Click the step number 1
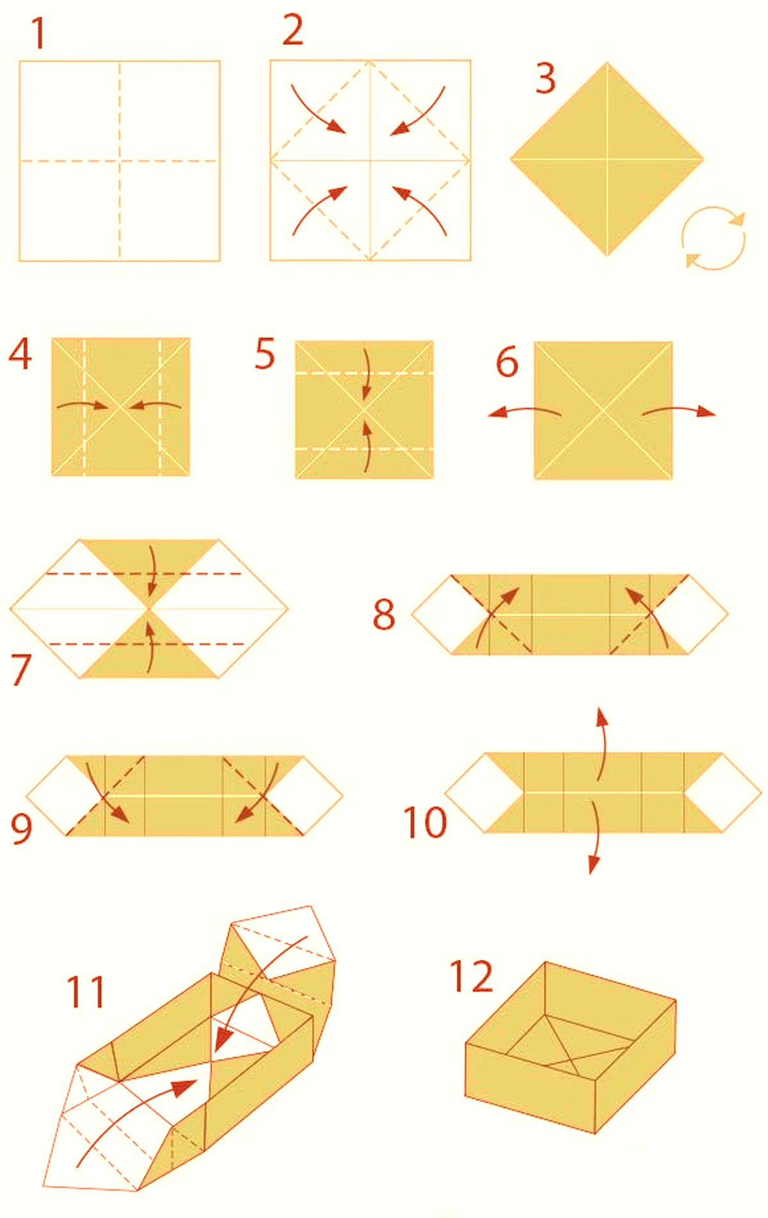38,33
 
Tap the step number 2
292,31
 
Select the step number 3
545,79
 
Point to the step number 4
20,354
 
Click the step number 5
264,354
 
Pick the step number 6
507,362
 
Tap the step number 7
21,670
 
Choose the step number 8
383,613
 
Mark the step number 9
21,827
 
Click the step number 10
425,822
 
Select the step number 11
86,991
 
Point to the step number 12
472,976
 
